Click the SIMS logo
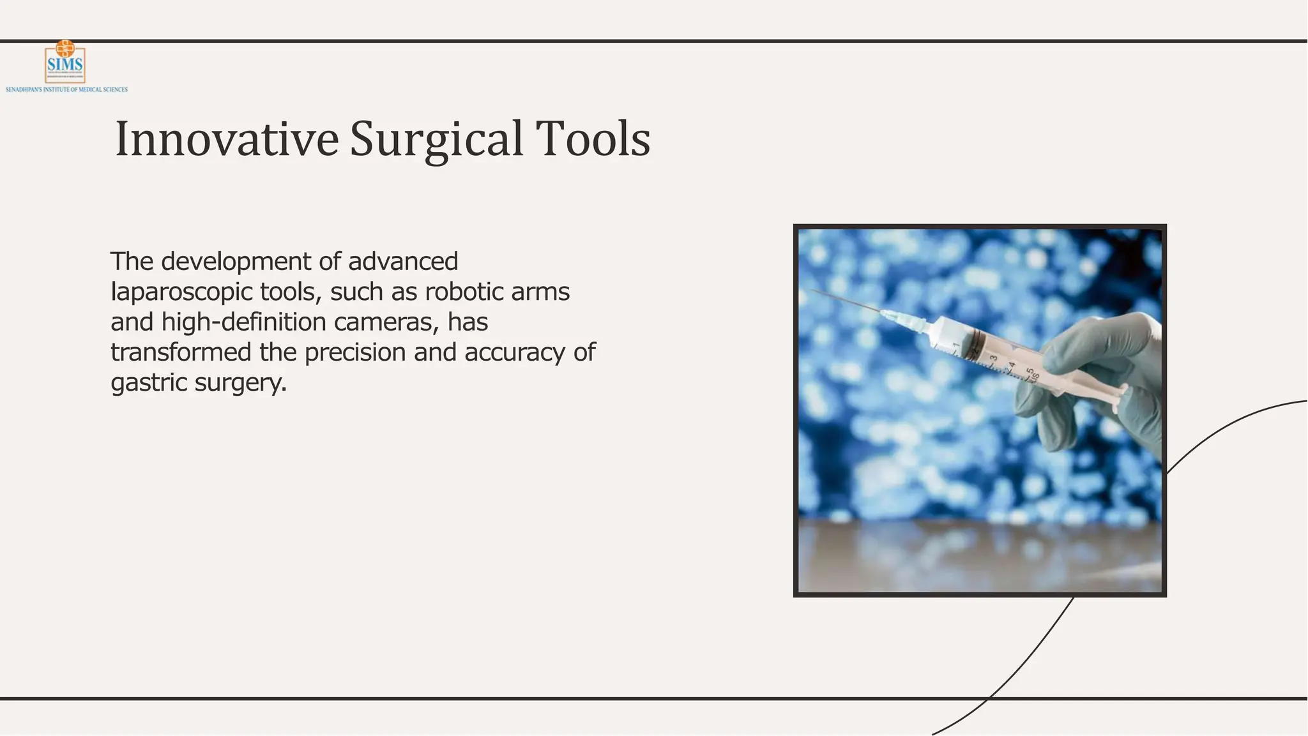(x=65, y=62)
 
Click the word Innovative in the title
(x=227, y=139)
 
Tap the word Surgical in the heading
(x=437, y=139)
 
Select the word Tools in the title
(x=593, y=139)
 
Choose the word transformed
(x=181, y=352)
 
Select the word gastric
(x=149, y=383)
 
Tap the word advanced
(x=403, y=261)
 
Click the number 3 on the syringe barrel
(x=993, y=359)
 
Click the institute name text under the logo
(x=66, y=89)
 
